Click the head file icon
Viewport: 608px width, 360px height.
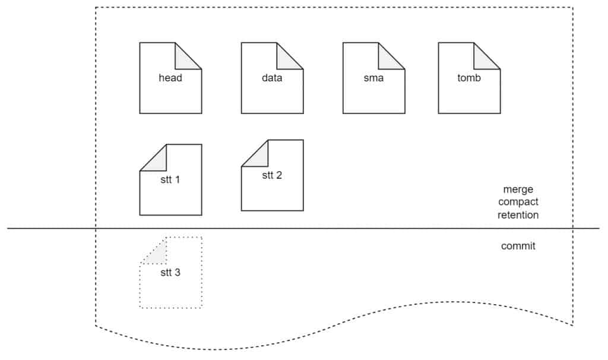tap(170, 78)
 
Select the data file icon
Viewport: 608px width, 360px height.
tap(272, 78)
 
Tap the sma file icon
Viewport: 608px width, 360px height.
tap(374, 78)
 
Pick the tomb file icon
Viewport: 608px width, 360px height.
tap(469, 78)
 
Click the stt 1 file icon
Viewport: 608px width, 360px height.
tap(170, 179)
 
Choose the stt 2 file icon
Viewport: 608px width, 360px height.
tap(272, 175)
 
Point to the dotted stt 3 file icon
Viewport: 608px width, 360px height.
tap(170, 272)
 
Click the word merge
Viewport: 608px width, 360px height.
tap(518, 190)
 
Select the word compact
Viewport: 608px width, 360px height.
tap(518, 202)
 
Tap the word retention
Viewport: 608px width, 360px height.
tap(518, 215)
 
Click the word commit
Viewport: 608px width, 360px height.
tap(518, 246)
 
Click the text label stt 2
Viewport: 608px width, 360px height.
tap(272, 175)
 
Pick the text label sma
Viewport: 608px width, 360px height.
tap(374, 78)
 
